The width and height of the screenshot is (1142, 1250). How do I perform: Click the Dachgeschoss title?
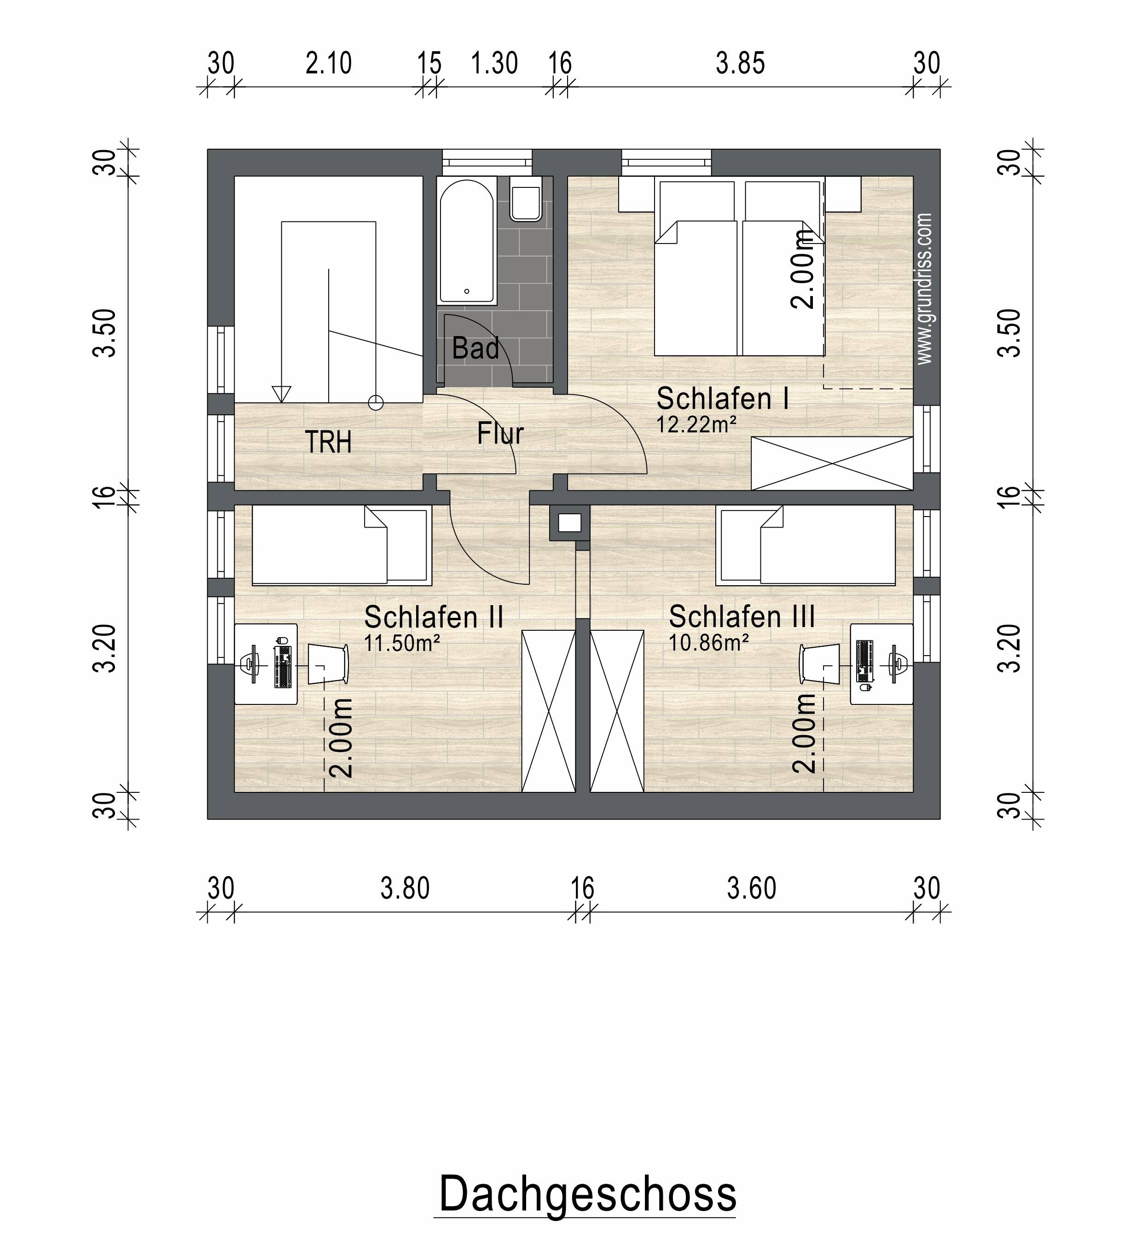tap(587, 1195)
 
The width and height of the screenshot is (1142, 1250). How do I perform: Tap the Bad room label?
tap(475, 349)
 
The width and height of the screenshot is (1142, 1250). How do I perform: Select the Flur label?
tap(500, 433)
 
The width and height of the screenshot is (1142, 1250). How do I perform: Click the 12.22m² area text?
tap(696, 425)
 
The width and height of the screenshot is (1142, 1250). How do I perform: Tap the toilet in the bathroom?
tap(526, 198)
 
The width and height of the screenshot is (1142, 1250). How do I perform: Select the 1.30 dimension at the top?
tap(494, 63)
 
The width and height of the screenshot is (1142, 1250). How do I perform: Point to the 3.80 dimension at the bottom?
tap(405, 889)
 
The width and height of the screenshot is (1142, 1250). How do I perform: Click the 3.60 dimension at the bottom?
tap(751, 889)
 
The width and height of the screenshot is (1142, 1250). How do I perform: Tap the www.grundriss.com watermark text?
tap(924, 289)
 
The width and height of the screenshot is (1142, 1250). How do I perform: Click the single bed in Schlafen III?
tap(806, 545)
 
